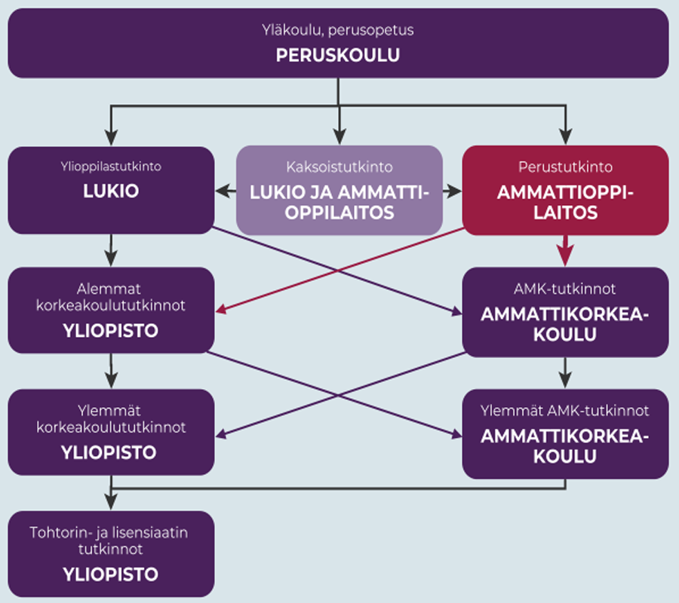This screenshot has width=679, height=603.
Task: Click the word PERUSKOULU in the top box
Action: click(337, 56)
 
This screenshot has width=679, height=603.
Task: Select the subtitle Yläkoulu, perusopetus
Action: click(337, 31)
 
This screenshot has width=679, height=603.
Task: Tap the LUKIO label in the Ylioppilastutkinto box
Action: click(111, 191)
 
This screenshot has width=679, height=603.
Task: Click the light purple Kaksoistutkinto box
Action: click(339, 190)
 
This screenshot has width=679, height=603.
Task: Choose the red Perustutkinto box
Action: click(564, 190)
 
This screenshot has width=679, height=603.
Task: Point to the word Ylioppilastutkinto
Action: click(111, 167)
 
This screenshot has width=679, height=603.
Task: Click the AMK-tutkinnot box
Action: click(565, 312)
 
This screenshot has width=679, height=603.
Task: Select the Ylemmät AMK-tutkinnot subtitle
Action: click(565, 411)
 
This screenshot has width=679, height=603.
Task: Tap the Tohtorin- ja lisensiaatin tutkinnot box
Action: click(111, 554)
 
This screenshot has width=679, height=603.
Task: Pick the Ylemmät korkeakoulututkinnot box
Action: click(111, 432)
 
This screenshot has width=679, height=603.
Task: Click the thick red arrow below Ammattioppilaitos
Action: click(565, 249)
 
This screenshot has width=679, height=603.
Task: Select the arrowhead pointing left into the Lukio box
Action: click(222, 191)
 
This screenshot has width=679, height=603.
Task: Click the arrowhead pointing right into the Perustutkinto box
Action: click(455, 191)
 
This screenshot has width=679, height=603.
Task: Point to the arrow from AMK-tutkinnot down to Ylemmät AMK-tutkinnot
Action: click(565, 372)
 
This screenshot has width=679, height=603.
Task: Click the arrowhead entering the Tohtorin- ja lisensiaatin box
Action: click(112, 503)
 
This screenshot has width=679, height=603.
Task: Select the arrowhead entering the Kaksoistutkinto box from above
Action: click(339, 137)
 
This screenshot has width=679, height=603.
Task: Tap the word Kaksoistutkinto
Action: click(339, 167)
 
